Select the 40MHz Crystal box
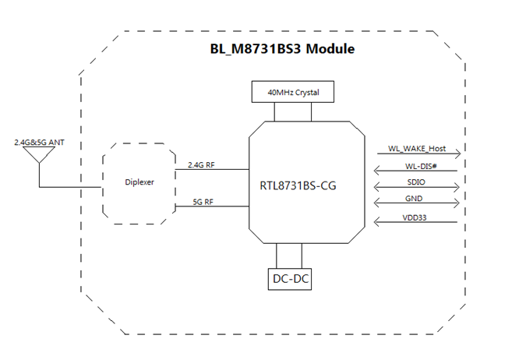(x=292, y=92)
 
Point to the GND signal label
(x=417, y=200)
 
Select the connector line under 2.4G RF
(x=210, y=170)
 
